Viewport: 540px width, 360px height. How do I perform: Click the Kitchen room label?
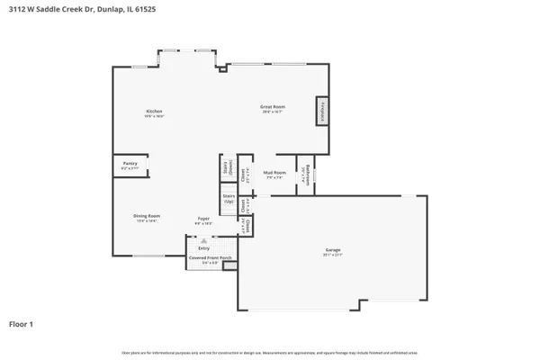[153, 111]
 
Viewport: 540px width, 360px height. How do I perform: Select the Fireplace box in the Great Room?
[319, 112]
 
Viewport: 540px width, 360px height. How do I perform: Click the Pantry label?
[130, 165]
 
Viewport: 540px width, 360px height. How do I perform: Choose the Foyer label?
[204, 219]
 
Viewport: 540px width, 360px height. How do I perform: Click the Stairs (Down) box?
[227, 168]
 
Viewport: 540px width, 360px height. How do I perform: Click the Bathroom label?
[307, 172]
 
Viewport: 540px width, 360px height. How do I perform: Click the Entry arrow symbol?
[204, 241]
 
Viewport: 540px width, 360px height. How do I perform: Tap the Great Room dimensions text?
[273, 112]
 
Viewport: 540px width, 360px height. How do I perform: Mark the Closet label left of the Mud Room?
[243, 173]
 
